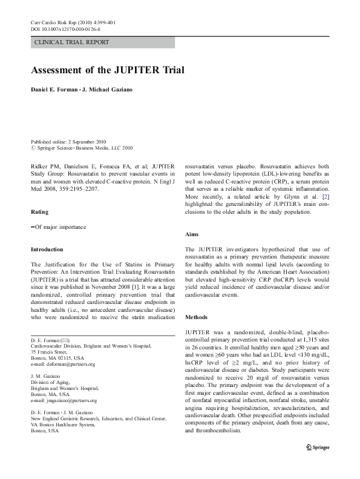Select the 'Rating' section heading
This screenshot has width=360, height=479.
(x=40, y=212)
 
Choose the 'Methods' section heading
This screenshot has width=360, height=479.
(x=197, y=317)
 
